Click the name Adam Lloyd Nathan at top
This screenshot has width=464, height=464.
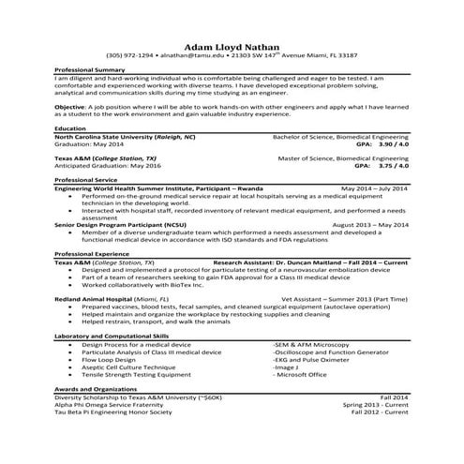[232, 45]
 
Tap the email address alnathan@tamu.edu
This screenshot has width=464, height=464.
[188, 56]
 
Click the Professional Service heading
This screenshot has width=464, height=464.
[87, 179]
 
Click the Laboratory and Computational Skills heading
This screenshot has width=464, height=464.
[112, 335]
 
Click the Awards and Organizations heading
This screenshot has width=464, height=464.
[98, 389]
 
